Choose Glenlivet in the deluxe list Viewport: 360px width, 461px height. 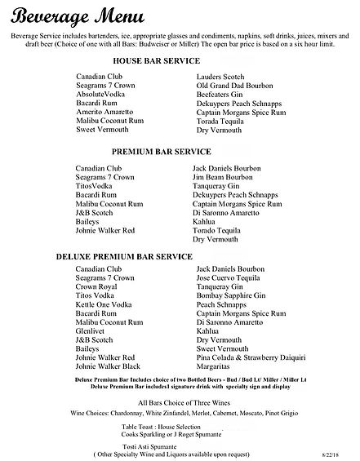(x=89, y=331)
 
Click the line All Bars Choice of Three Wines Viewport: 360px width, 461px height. (x=180, y=403)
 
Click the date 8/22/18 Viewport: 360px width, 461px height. (x=336, y=455)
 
